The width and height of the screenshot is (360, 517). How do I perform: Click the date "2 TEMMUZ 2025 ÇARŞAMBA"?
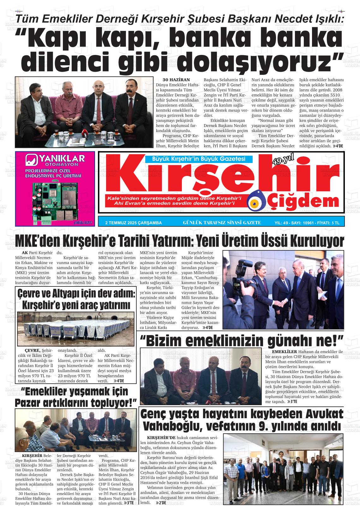click(133, 223)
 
